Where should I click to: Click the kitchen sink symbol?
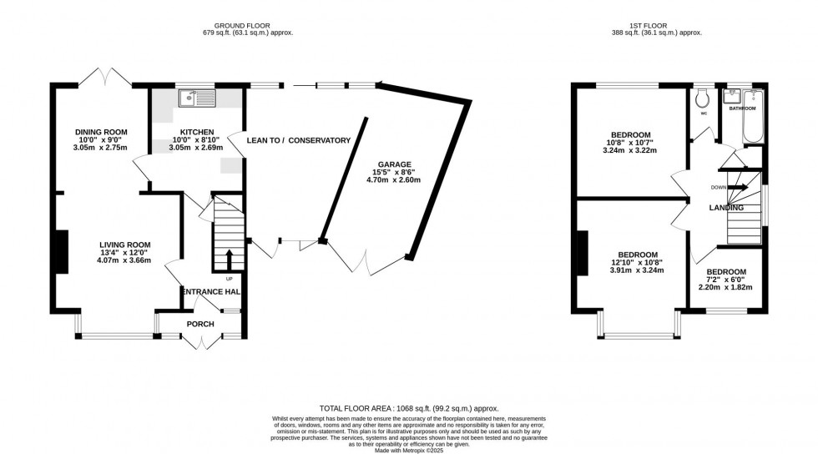[x=197, y=98]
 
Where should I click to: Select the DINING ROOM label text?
[x=101, y=132]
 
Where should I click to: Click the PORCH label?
[x=200, y=324]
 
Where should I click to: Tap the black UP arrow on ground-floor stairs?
[x=230, y=257]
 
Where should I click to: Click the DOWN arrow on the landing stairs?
[x=735, y=187]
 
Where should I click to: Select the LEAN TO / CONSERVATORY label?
[x=298, y=140]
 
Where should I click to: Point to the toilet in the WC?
[x=703, y=98]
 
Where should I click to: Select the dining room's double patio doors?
[x=105, y=79]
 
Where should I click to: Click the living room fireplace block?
[x=62, y=250]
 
